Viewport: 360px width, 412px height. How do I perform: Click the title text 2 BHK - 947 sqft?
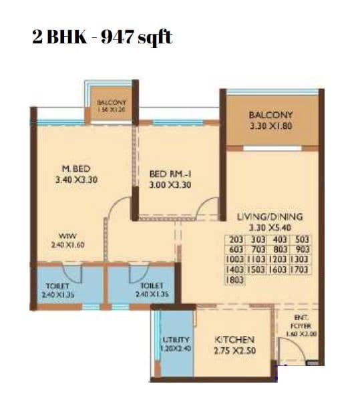(x=102, y=37)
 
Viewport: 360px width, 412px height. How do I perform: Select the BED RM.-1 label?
(x=171, y=174)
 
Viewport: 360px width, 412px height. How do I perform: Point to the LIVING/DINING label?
(x=270, y=217)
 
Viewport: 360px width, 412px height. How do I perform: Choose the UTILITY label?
(x=177, y=340)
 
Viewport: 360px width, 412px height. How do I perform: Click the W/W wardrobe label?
(x=66, y=236)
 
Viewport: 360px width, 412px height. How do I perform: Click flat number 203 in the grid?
(x=236, y=239)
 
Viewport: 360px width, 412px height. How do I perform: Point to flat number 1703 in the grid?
(x=301, y=270)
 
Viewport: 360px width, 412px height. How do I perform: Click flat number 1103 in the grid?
(x=258, y=260)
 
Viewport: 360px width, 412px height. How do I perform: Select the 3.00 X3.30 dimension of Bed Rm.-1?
(x=171, y=185)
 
